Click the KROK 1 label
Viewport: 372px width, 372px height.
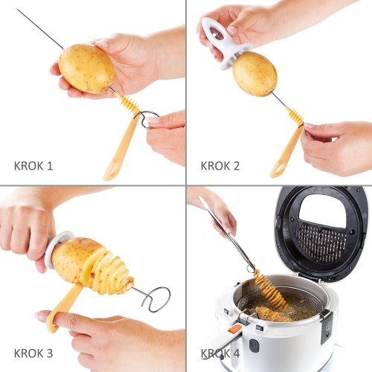(33, 166)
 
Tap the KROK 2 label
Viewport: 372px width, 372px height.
(220, 166)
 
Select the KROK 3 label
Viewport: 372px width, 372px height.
(33, 353)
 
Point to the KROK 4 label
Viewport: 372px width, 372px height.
(220, 353)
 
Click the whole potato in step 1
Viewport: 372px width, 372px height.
(86, 68)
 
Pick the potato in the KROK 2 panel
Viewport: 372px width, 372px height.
(254, 74)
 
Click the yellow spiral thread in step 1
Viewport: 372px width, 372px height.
(129, 104)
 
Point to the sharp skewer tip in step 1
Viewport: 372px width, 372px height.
(17, 10)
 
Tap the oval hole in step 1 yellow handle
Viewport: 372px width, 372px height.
(113, 170)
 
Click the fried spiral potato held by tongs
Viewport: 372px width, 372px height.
(271, 289)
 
